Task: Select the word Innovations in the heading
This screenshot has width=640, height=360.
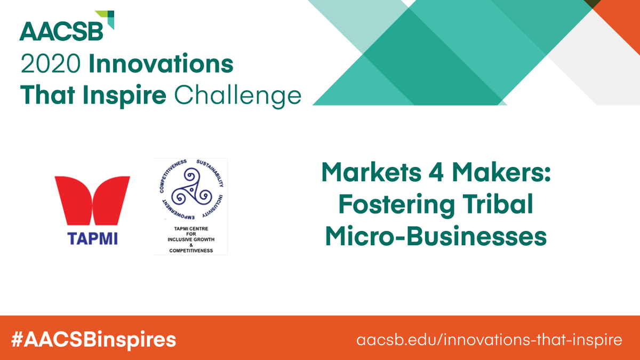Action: point(161,65)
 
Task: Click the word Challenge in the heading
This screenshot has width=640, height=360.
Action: point(238,95)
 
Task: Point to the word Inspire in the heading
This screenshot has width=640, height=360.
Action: point(130,95)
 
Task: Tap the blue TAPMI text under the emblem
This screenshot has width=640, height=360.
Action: point(93,238)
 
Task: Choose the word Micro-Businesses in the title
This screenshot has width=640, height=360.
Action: point(436,237)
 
